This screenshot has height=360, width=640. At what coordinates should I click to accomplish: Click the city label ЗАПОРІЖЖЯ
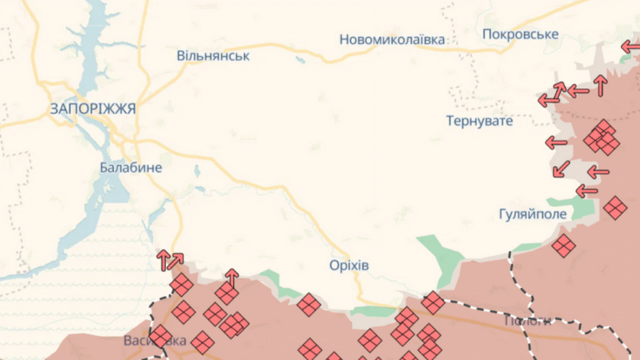pos(92,108)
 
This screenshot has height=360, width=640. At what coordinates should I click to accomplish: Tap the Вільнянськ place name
pos(213,56)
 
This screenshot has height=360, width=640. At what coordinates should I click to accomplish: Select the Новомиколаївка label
pos(392,39)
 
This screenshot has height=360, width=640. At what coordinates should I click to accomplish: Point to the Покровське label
pos(520,34)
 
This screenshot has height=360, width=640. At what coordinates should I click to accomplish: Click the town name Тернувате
pos(479,121)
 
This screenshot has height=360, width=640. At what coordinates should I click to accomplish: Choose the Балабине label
pos(131,167)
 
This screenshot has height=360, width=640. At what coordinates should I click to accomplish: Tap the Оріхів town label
pos(348,265)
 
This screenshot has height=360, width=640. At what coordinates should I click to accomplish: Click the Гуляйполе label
pos(532,214)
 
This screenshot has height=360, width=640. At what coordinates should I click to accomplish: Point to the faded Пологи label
pos(527,321)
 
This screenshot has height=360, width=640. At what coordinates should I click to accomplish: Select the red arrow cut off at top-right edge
pos(631,47)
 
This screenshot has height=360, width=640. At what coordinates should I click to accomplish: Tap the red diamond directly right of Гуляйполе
pos(615,207)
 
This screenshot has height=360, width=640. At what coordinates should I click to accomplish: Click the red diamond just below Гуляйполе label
pos(564,245)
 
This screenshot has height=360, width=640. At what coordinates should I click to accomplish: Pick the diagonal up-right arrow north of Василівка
pos(175,261)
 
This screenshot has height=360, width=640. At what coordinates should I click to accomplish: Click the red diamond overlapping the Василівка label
pos(160,337)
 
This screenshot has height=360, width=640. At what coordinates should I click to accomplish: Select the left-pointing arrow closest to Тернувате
pos(556,142)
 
